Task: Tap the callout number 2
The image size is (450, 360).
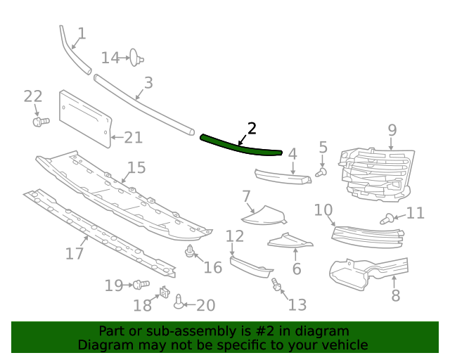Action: pyautogui.click(x=252, y=128)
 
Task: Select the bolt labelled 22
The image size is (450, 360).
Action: pyautogui.click(x=41, y=122)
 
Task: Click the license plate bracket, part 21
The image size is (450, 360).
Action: pyautogui.click(x=84, y=117)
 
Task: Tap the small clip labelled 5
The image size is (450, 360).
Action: pyautogui.click(x=321, y=171)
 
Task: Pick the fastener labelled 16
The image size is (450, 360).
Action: pyautogui.click(x=191, y=252)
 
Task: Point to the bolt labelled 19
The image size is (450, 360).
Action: pyautogui.click(x=141, y=285)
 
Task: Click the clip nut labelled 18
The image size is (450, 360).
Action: pyautogui.click(x=165, y=292)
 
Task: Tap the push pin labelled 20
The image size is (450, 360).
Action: pyautogui.click(x=179, y=302)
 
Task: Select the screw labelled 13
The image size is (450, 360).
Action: pyautogui.click(x=276, y=285)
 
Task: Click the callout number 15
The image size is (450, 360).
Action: pyautogui.click(x=136, y=167)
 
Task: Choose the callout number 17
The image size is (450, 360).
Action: pyautogui.click(x=75, y=253)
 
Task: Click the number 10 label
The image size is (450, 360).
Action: pyautogui.click(x=323, y=210)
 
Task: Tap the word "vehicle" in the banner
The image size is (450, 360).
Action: pyautogui.click(x=344, y=345)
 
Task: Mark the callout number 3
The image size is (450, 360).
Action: pyautogui.click(x=148, y=84)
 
